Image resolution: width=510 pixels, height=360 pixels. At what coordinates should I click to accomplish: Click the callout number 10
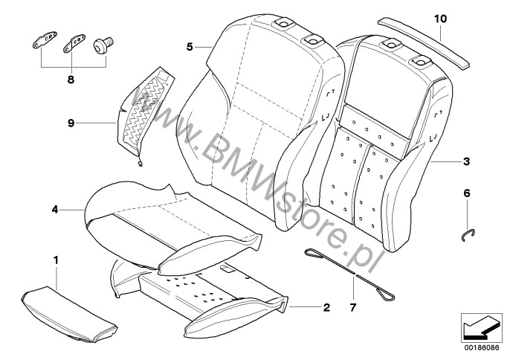point(440,19)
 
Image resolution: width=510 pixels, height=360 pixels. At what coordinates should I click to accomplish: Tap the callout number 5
point(190,47)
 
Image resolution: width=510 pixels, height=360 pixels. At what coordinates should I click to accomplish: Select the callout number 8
point(71,80)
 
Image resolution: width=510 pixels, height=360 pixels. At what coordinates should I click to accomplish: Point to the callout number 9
point(71,123)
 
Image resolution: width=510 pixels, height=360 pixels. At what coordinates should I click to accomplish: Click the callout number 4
point(55,210)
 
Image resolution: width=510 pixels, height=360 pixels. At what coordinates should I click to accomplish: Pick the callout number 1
point(56,260)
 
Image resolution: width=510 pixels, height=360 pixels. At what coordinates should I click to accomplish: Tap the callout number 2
point(326,308)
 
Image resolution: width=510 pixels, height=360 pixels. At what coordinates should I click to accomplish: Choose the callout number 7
point(353,308)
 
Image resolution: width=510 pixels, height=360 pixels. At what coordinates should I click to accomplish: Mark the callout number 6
point(467,193)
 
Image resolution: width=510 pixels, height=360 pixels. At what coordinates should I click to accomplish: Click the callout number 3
point(466,161)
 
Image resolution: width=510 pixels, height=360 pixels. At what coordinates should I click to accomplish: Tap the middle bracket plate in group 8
point(74,42)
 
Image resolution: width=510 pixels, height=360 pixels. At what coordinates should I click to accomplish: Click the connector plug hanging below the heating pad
point(141,164)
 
